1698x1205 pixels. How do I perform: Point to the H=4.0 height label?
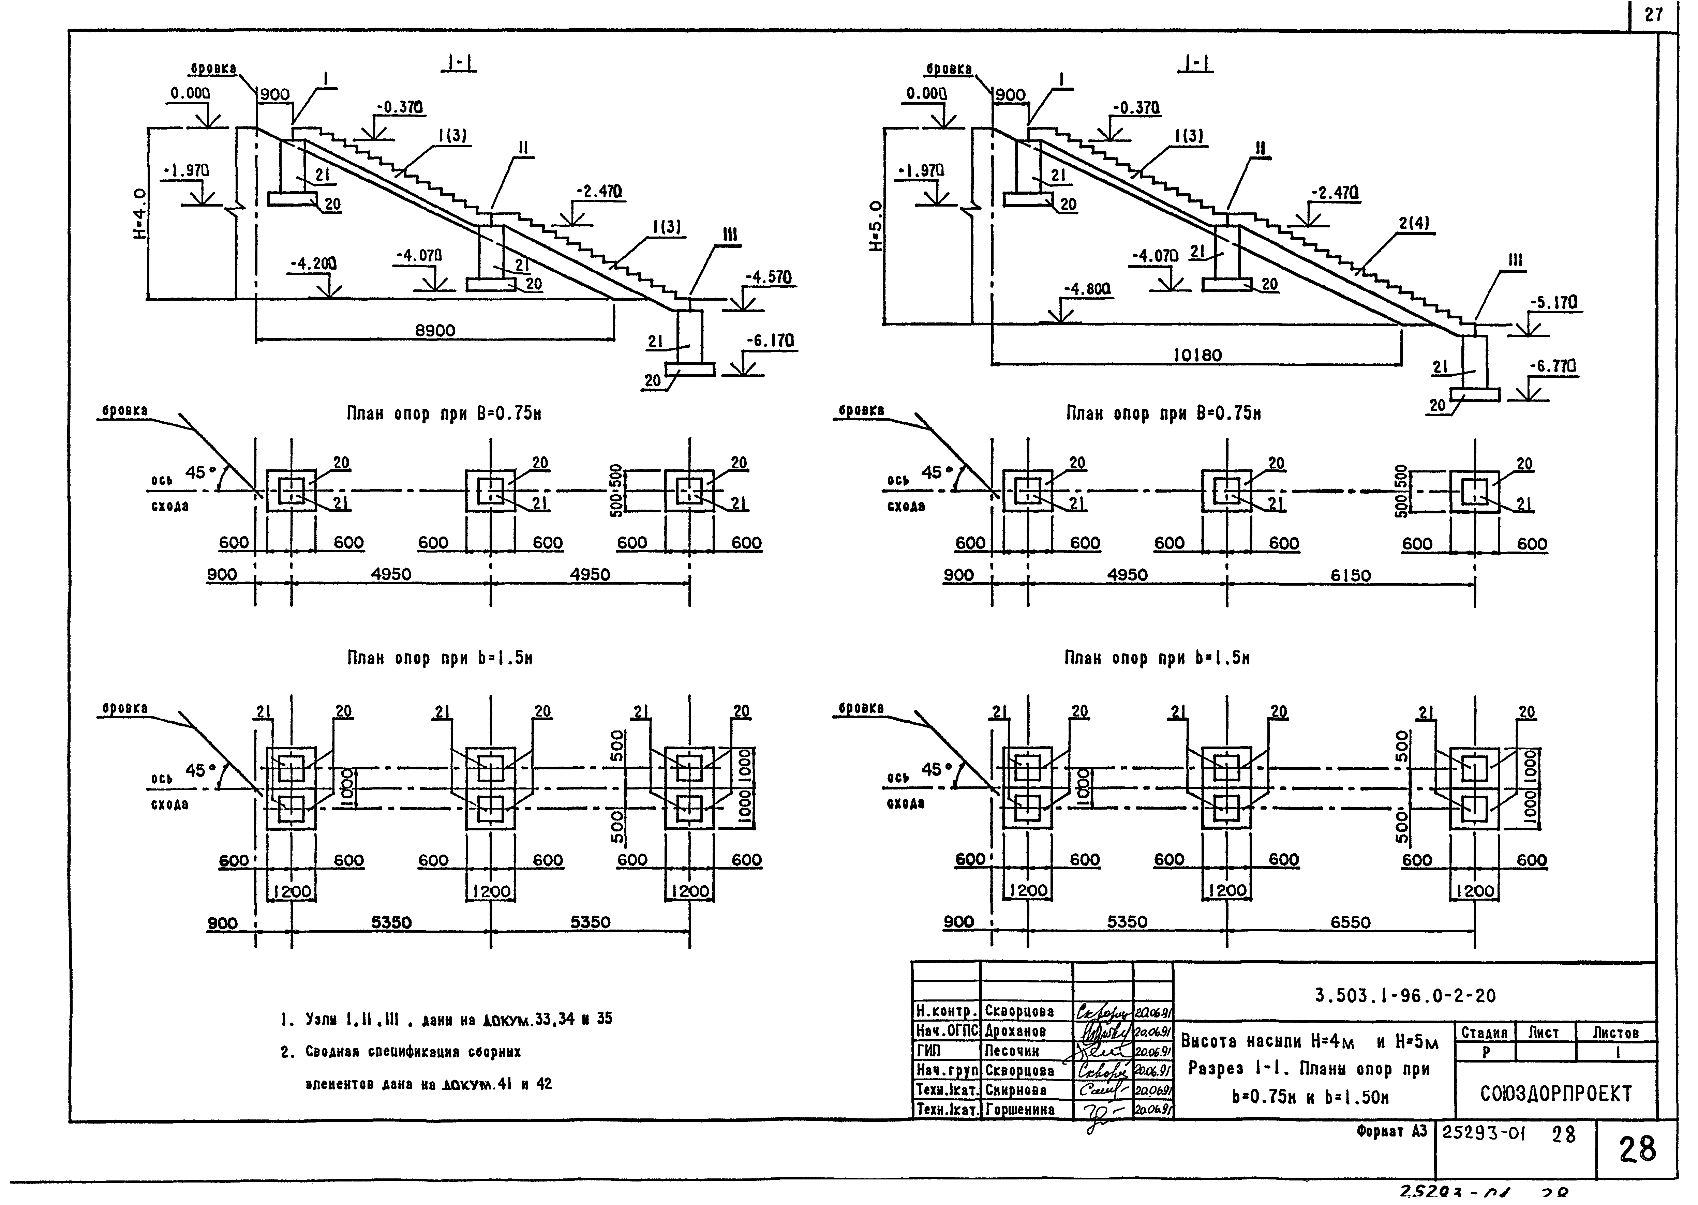[x=139, y=214]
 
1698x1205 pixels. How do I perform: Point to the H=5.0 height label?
[x=876, y=226]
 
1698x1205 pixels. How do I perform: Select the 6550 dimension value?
[x=1350, y=922]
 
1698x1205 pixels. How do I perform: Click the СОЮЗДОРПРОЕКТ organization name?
[x=1555, y=1094]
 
